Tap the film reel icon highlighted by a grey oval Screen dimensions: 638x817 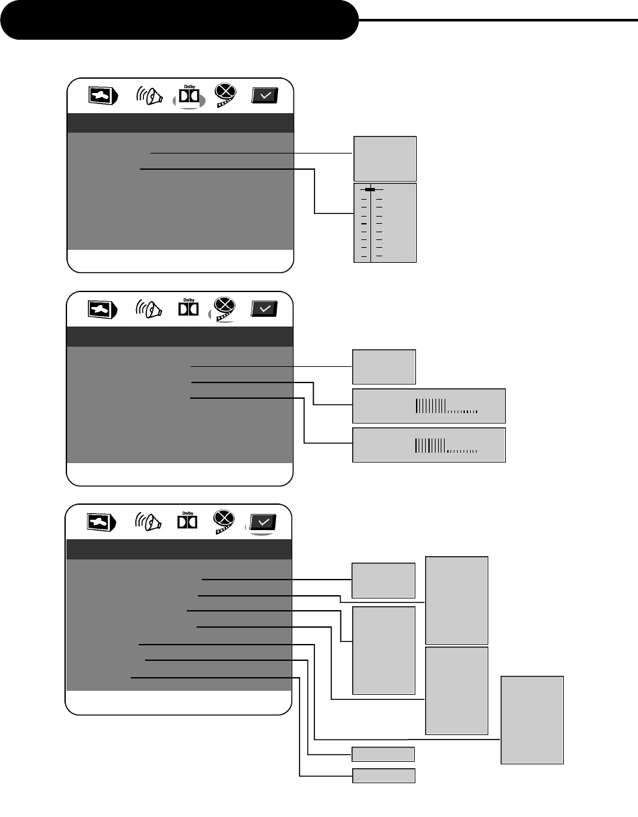223,309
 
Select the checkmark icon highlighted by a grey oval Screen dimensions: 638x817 263,522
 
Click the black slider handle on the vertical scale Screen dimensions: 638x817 370,189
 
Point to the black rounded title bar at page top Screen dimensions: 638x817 179,20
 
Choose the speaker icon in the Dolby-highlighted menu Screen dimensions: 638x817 148,96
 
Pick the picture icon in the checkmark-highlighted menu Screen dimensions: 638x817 102,522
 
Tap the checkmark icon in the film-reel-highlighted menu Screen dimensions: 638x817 264,309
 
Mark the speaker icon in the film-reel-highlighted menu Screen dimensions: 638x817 148,309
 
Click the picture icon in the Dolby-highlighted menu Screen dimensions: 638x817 103,96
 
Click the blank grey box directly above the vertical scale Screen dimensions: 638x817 385,158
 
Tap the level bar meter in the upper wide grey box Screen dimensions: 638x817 446,407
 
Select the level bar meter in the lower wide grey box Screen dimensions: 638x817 446,446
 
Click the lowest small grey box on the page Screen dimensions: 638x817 383,775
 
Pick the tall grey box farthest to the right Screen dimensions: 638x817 532,719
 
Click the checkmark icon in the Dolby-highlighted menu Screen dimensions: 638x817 265,96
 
